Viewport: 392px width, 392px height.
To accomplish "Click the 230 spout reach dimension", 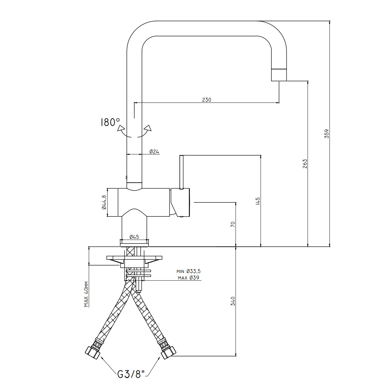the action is coord(206,100).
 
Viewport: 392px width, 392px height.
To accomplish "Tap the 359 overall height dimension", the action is coord(326,134).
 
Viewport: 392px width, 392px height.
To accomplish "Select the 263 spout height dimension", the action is coord(305,164).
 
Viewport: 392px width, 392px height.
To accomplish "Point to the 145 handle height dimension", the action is coord(258,201).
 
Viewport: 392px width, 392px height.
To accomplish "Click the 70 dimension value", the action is coord(233,224).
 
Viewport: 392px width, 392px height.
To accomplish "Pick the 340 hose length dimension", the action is coord(233,301).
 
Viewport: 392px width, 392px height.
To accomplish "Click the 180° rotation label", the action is coord(110,122).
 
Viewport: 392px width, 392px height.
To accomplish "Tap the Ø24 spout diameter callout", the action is coord(154,151).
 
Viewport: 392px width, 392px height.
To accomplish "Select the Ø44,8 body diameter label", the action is coord(104,202).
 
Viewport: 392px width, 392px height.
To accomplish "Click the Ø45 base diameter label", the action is coord(134,237).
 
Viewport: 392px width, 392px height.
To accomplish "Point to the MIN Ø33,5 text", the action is coord(188,271).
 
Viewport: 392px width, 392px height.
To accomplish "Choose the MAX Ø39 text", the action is coord(188,278).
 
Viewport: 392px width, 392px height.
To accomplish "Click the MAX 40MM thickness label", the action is coord(86,294).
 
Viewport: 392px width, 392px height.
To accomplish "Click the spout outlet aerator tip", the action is coord(279,75).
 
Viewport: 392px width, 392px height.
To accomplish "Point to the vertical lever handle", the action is coord(181,172).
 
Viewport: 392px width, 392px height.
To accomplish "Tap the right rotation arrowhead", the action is coord(148,128).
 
